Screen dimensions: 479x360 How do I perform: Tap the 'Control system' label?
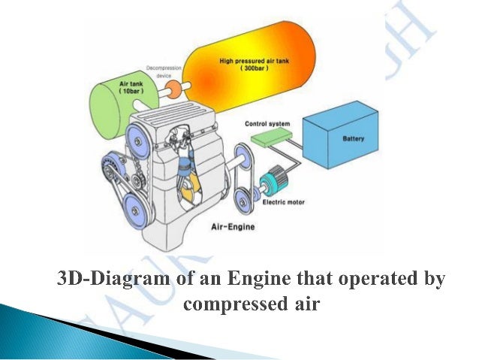(268, 123)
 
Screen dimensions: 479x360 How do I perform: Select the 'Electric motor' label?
(284, 201)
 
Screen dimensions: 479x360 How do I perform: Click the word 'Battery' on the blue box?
(353, 138)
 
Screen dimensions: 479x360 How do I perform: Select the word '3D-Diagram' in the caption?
(111, 280)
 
